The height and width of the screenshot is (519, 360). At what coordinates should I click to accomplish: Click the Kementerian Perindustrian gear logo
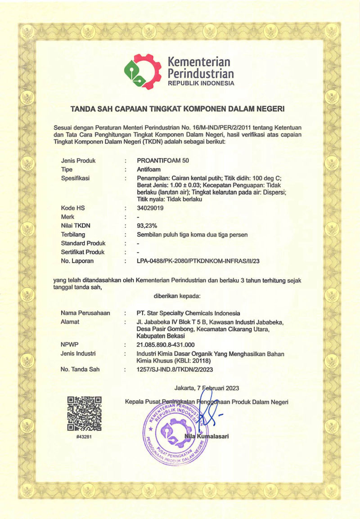(x=142, y=72)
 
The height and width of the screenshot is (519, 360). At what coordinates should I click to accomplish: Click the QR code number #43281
(x=84, y=435)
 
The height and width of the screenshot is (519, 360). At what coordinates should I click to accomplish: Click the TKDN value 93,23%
(x=147, y=226)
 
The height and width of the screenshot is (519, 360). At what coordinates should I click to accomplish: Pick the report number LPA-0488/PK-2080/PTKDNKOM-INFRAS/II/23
(x=198, y=261)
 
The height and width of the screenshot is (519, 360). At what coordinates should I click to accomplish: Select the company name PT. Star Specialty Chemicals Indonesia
(x=188, y=313)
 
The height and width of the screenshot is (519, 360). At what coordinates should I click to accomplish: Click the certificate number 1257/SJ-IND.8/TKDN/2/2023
(x=174, y=370)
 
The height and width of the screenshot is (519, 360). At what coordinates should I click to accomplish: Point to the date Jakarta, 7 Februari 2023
(x=207, y=388)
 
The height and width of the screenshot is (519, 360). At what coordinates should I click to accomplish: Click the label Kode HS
(x=73, y=208)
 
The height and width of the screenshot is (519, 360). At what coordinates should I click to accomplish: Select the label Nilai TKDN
(x=75, y=226)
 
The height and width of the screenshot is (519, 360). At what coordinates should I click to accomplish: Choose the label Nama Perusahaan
(x=85, y=313)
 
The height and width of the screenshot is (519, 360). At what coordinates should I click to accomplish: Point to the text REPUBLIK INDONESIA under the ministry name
(x=201, y=83)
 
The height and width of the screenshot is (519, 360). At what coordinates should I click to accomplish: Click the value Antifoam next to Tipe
(x=149, y=170)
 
